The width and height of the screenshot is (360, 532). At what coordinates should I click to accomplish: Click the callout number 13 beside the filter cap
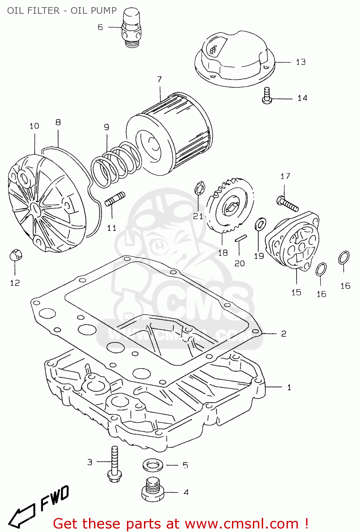(300, 62)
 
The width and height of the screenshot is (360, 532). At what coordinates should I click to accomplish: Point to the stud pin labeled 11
(115, 199)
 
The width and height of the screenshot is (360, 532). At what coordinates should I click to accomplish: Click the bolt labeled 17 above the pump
(287, 204)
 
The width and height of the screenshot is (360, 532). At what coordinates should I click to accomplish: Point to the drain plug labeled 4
(153, 490)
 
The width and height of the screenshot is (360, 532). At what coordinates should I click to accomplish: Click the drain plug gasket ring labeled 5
(153, 465)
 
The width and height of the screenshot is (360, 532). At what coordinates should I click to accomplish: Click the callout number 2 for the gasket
(283, 334)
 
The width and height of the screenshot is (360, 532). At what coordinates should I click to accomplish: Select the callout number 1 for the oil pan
(289, 387)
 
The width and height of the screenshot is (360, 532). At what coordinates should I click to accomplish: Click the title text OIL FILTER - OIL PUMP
(62, 11)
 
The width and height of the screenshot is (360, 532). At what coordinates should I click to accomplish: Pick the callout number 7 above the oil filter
(159, 79)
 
